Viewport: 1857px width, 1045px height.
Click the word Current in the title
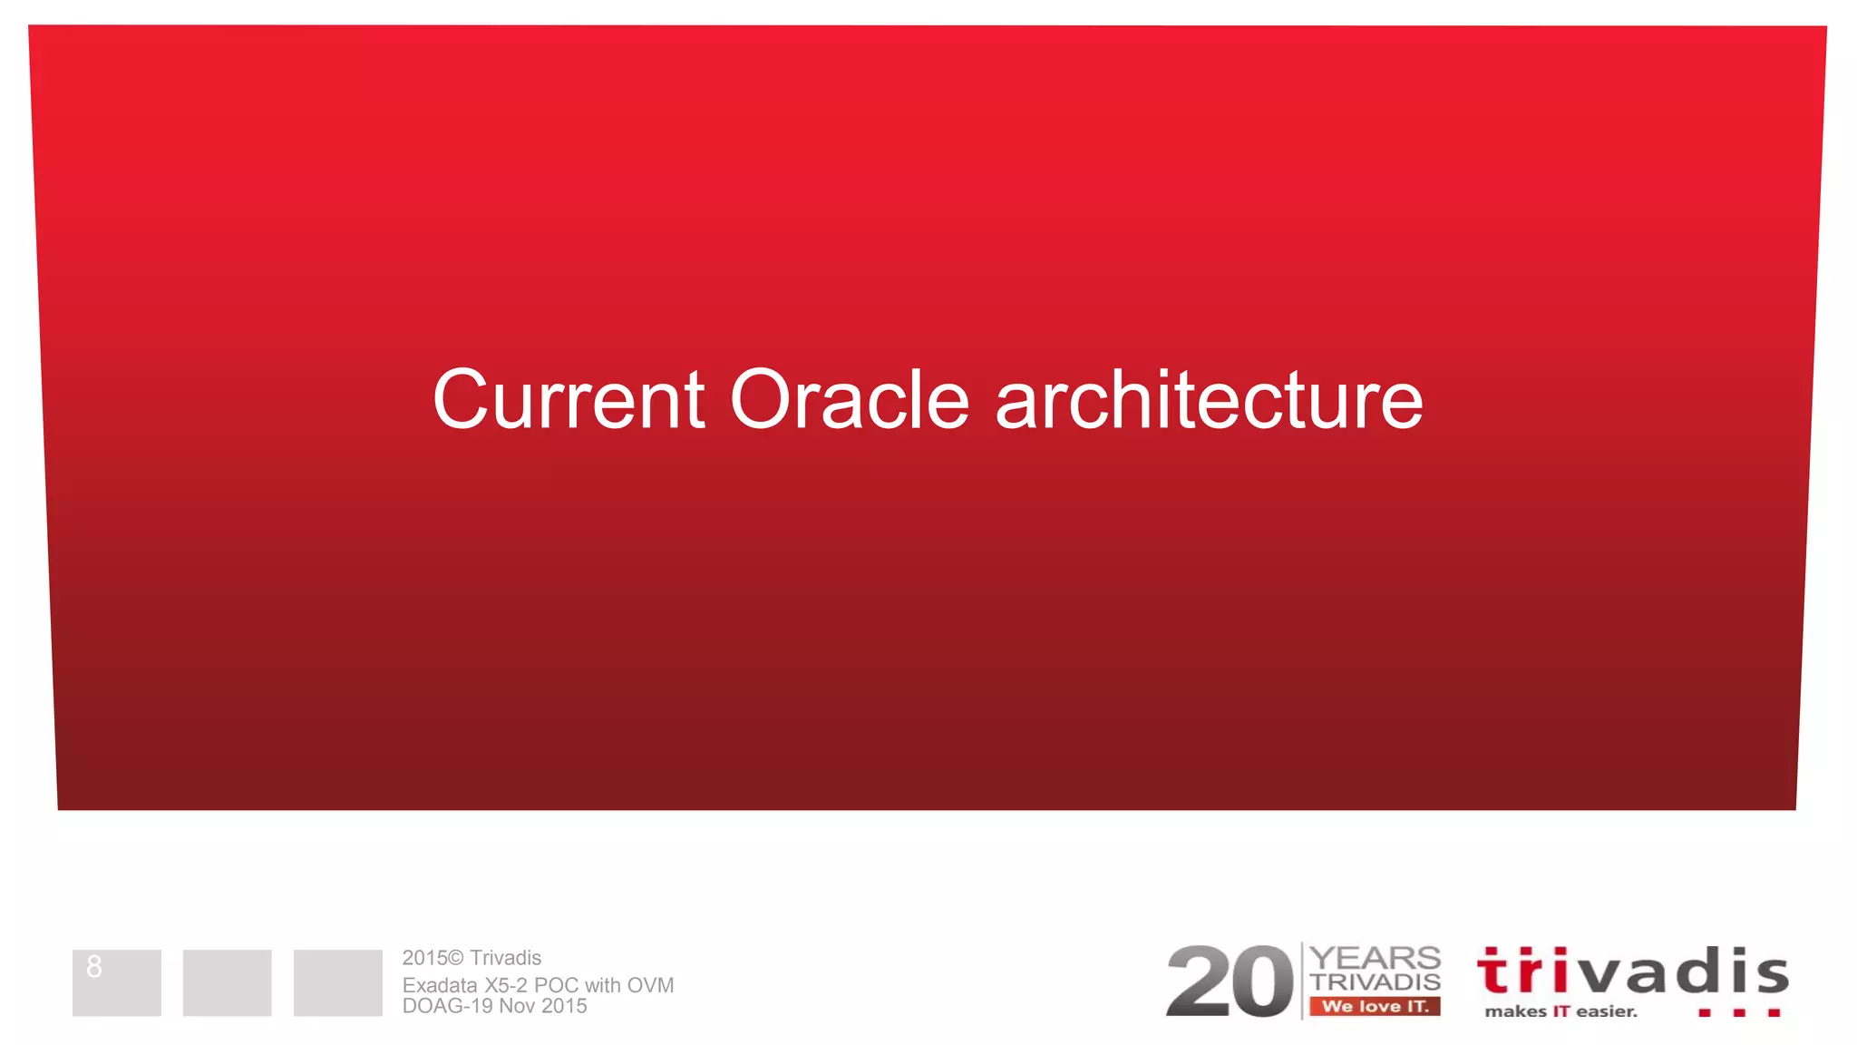(569, 400)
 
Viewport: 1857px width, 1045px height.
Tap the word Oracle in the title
(850, 400)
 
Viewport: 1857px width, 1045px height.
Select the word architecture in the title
(1209, 400)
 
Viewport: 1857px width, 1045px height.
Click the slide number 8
(94, 967)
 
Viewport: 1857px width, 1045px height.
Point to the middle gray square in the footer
(227, 982)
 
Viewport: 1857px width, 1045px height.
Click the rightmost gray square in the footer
(337, 982)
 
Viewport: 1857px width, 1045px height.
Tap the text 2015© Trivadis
(472, 958)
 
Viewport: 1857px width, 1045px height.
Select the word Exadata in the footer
(440, 985)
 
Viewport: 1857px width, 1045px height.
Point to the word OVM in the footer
(650, 985)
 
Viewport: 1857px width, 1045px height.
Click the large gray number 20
(1229, 982)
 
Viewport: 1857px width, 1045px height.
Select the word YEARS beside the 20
(1376, 958)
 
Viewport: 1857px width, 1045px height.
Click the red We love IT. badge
(1375, 1006)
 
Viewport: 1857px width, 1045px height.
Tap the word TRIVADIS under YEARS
(1376, 982)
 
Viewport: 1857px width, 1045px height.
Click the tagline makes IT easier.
(1560, 1011)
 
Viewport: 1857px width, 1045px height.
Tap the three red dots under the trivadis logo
(1739, 1012)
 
